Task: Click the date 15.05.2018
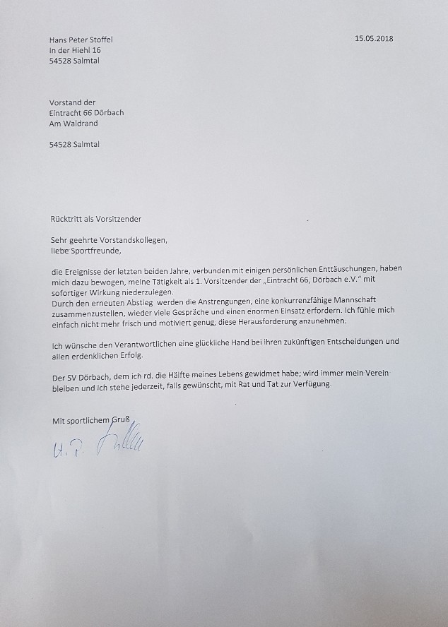click(x=374, y=39)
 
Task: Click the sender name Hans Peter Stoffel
click(x=81, y=40)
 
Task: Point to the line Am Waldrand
click(x=74, y=123)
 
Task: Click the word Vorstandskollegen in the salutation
click(x=129, y=240)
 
